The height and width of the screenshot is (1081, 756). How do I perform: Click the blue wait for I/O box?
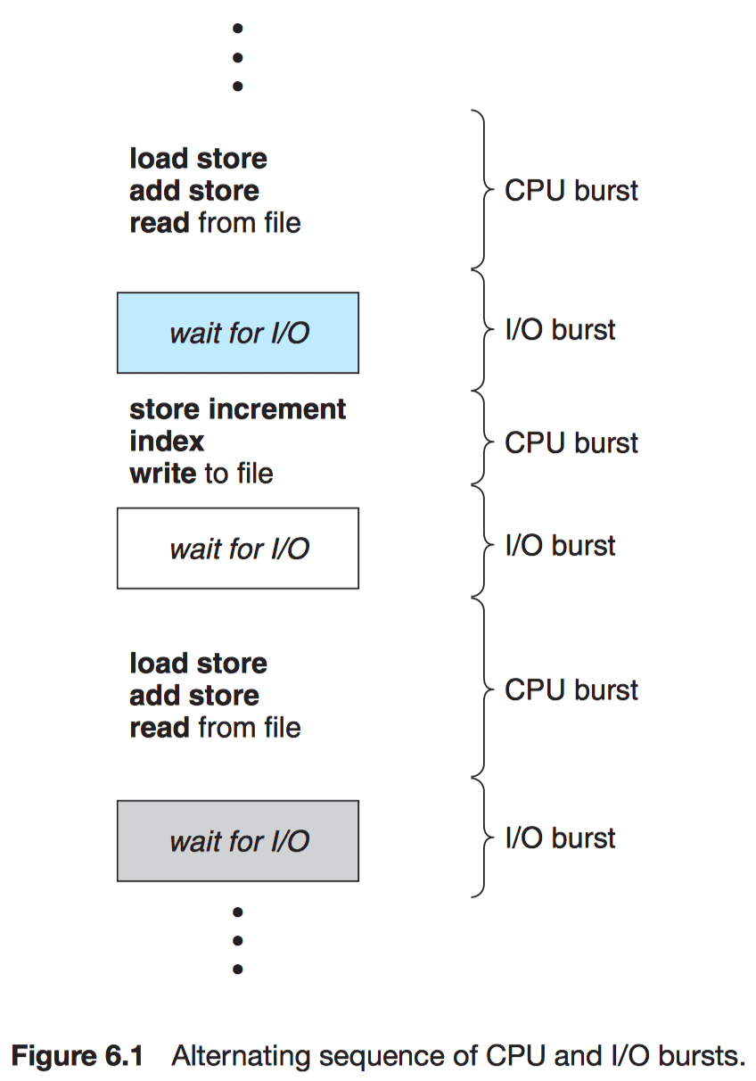[x=238, y=333]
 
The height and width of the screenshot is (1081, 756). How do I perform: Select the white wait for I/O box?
[x=238, y=549]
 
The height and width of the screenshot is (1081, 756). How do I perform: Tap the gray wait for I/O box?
[x=238, y=841]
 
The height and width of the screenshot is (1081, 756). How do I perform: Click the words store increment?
[x=237, y=409]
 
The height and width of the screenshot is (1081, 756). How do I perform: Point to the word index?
[x=167, y=441]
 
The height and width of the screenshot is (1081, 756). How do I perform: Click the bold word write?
[x=162, y=473]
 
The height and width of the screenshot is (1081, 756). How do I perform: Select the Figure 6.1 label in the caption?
[x=78, y=1055]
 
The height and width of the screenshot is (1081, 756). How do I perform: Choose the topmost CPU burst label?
[x=571, y=190]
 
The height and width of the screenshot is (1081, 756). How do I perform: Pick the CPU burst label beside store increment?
[x=571, y=442]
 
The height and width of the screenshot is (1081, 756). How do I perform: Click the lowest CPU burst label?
[x=571, y=689]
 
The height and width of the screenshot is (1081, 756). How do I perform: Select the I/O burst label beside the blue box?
[x=560, y=330]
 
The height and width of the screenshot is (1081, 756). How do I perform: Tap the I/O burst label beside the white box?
[x=560, y=545]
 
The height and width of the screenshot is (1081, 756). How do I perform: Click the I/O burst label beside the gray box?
[x=560, y=838]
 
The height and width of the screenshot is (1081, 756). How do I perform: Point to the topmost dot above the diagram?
[x=238, y=28]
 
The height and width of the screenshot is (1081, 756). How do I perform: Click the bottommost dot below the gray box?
[x=238, y=969]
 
